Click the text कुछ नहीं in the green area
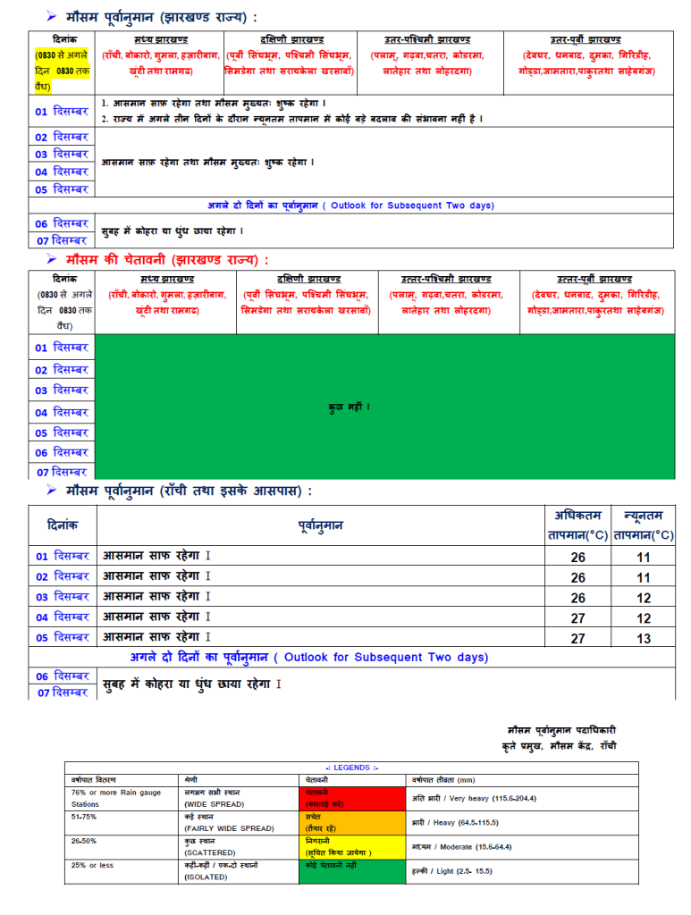(x=350, y=407)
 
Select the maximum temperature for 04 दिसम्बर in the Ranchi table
(x=578, y=617)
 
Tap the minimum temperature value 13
(x=644, y=638)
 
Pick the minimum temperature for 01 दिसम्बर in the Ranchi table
(x=644, y=556)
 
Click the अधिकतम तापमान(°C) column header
(x=577, y=525)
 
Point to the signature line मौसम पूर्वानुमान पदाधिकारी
(x=560, y=729)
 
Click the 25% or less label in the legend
(x=92, y=865)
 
